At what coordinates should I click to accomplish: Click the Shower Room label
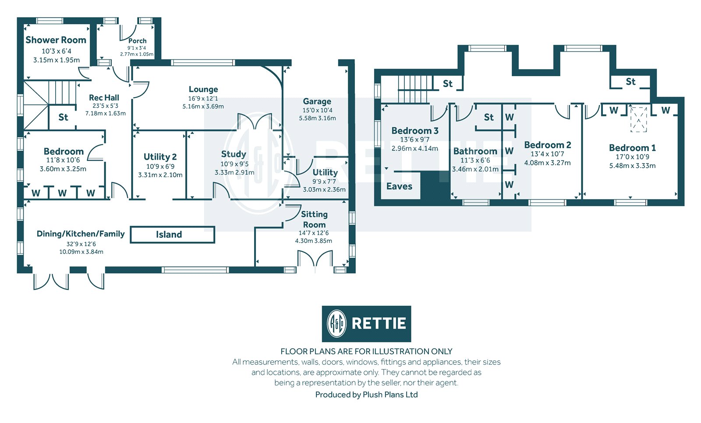56,40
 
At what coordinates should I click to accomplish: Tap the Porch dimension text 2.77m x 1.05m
137,54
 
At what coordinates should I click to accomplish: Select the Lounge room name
203,89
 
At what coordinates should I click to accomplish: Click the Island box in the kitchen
172,234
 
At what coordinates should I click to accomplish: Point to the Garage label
317,101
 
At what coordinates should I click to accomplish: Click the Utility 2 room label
160,157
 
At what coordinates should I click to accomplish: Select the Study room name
234,154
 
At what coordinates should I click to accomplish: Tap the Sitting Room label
314,219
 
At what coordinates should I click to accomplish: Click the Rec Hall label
104,98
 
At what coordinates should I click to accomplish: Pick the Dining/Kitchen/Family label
81,234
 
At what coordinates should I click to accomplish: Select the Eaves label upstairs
399,186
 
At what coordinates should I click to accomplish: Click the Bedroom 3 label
414,131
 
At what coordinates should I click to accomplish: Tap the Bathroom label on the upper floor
475,151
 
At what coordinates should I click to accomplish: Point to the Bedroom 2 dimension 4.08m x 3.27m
547,163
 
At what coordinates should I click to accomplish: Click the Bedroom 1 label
632,148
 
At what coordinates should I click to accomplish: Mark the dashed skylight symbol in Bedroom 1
638,119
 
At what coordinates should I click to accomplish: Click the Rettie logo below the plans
366,324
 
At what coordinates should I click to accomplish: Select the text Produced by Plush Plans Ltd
366,395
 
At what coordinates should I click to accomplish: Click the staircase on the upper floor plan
414,89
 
